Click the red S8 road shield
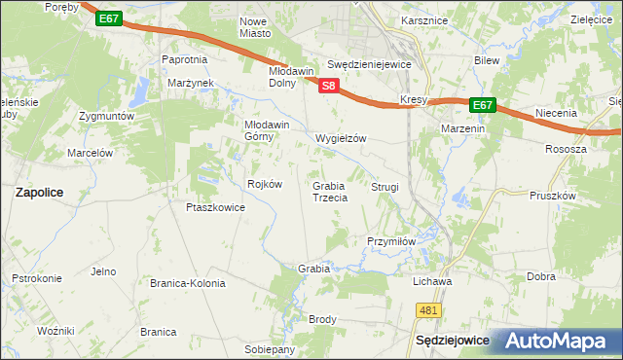pyautogui.click(x=328, y=86)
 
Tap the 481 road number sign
pyautogui.click(x=428, y=309)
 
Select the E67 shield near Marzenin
pyautogui.click(x=483, y=105)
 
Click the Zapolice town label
pyautogui.click(x=39, y=193)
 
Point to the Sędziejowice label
pyautogui.click(x=451, y=342)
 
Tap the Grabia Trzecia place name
pyautogui.click(x=330, y=192)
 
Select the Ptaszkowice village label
pyautogui.click(x=214, y=207)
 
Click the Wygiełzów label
pyautogui.click(x=341, y=138)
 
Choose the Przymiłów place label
pyautogui.click(x=391, y=241)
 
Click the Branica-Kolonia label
pyautogui.click(x=187, y=284)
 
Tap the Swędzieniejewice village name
pyautogui.click(x=370, y=64)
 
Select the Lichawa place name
pyautogui.click(x=432, y=282)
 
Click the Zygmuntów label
pyautogui.click(x=106, y=116)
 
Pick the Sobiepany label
pyautogui.click(x=270, y=349)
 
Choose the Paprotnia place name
pyautogui.click(x=185, y=59)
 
